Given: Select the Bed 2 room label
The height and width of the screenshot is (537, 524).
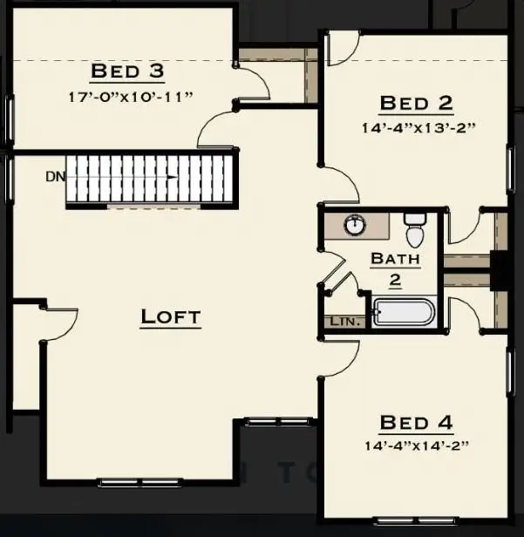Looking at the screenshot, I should [416, 104].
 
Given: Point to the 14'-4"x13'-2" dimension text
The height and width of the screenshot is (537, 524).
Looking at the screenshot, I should [416, 126].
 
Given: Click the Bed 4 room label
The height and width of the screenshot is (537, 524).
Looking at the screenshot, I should [416, 424].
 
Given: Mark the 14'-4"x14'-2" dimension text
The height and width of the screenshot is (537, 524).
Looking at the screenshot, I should [416, 445].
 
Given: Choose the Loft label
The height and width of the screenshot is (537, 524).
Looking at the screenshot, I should [171, 317].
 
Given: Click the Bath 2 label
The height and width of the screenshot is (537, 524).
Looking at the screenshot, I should [395, 269].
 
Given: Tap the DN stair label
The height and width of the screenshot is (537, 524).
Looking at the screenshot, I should [55, 176].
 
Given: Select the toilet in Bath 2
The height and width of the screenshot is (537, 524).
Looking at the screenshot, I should [415, 231].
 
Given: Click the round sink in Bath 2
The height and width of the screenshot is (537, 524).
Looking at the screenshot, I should [355, 225].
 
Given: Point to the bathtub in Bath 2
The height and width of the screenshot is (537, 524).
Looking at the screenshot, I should [403, 313].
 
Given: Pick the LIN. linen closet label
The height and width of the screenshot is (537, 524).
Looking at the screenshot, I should [342, 322].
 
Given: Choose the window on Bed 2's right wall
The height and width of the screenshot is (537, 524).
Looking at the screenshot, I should [510, 166].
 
